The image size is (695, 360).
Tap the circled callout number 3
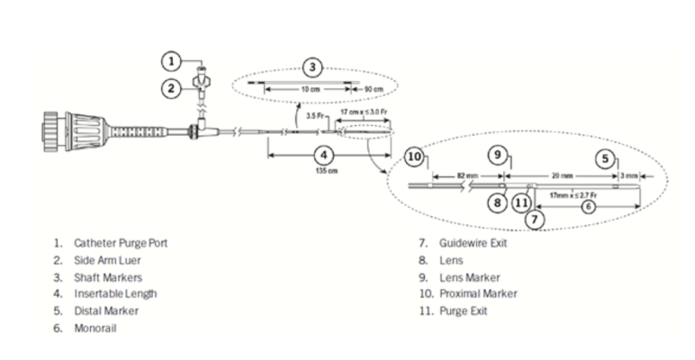pyautogui.click(x=311, y=67)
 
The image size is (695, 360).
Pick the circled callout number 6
pyautogui.click(x=588, y=205)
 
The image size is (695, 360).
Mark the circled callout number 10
pyautogui.click(x=413, y=157)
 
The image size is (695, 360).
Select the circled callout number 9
pyautogui.click(x=497, y=154)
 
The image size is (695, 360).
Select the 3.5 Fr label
pyautogui.click(x=311, y=116)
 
